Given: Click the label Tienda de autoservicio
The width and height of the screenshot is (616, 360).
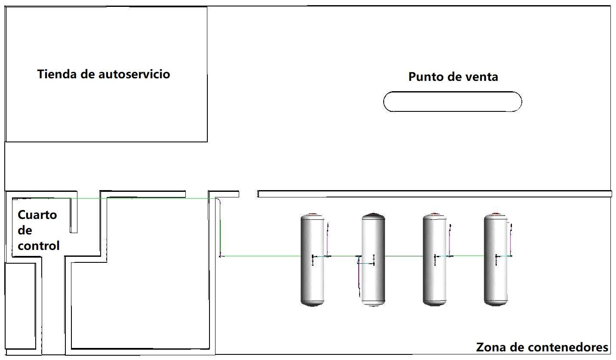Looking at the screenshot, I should click(x=104, y=74).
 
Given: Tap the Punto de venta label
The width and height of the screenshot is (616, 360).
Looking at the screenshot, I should click(x=453, y=77).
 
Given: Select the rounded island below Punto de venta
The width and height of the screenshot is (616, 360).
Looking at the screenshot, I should click(x=453, y=102).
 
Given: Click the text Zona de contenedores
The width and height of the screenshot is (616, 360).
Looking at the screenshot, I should click(x=542, y=347).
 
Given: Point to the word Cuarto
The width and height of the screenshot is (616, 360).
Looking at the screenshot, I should click(x=37, y=215).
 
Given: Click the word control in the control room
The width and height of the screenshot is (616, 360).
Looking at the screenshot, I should click(x=39, y=246).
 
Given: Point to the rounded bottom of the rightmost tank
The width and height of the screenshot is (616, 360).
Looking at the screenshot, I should click(x=496, y=303).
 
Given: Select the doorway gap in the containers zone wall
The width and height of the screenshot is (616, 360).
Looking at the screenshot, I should click(x=248, y=194).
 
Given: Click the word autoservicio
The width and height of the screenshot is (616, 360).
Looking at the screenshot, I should click(x=134, y=74).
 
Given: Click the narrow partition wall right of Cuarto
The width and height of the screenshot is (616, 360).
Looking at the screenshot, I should click(x=74, y=213).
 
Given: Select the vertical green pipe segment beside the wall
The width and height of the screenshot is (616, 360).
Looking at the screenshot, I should click(x=220, y=228).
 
